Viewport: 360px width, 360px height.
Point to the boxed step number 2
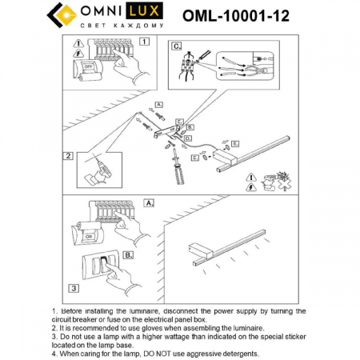pyautogui.click(x=70, y=156)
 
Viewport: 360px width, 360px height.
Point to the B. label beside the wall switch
pyautogui.click(x=126, y=257)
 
